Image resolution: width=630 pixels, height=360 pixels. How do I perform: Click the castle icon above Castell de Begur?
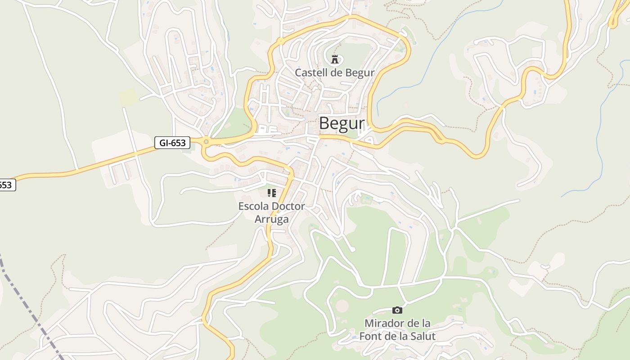pyautogui.click(x=335, y=59)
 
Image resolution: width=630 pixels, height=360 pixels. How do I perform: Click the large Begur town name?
pyautogui.click(x=342, y=123)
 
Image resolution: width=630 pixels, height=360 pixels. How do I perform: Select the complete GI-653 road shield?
pyautogui.click(x=172, y=143)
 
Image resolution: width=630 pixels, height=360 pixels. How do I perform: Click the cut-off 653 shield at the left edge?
pyautogui.click(x=7, y=184)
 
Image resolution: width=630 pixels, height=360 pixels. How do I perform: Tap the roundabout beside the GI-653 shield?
pyautogui.click(x=206, y=142)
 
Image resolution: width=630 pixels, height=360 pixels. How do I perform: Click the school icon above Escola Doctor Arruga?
pyautogui.click(x=271, y=193)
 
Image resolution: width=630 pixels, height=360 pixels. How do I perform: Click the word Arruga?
pyautogui.click(x=271, y=219)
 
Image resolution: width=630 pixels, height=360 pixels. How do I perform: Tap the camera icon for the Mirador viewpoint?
pyautogui.click(x=397, y=310)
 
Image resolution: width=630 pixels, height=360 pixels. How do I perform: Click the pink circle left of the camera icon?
pyautogui.click(x=342, y=306)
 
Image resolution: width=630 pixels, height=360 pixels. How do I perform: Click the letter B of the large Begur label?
pyautogui.click(x=325, y=123)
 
